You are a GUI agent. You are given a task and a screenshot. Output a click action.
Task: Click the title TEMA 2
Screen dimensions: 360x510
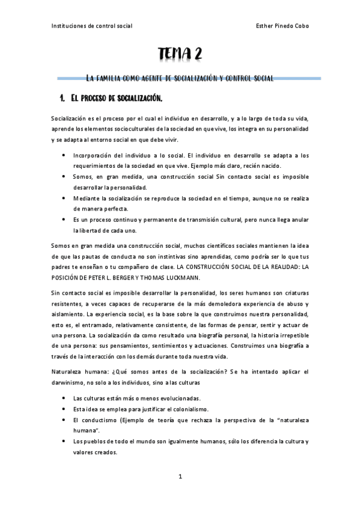[180, 55]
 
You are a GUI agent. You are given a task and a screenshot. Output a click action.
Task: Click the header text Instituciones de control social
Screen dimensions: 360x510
[92, 26]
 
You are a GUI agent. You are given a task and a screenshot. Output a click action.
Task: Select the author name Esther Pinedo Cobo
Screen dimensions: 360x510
[282, 26]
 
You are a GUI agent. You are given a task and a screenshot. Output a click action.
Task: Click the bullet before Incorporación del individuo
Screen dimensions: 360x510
[65, 155]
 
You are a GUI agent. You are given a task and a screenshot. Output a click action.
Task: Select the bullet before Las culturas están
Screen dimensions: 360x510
[65, 398]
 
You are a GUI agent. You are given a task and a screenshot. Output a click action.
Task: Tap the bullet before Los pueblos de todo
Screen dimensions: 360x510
[65, 441]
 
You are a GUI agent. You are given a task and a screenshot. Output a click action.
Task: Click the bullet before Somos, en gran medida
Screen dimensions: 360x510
[65, 176]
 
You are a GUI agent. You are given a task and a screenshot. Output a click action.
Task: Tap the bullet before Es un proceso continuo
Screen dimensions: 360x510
[65, 220]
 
